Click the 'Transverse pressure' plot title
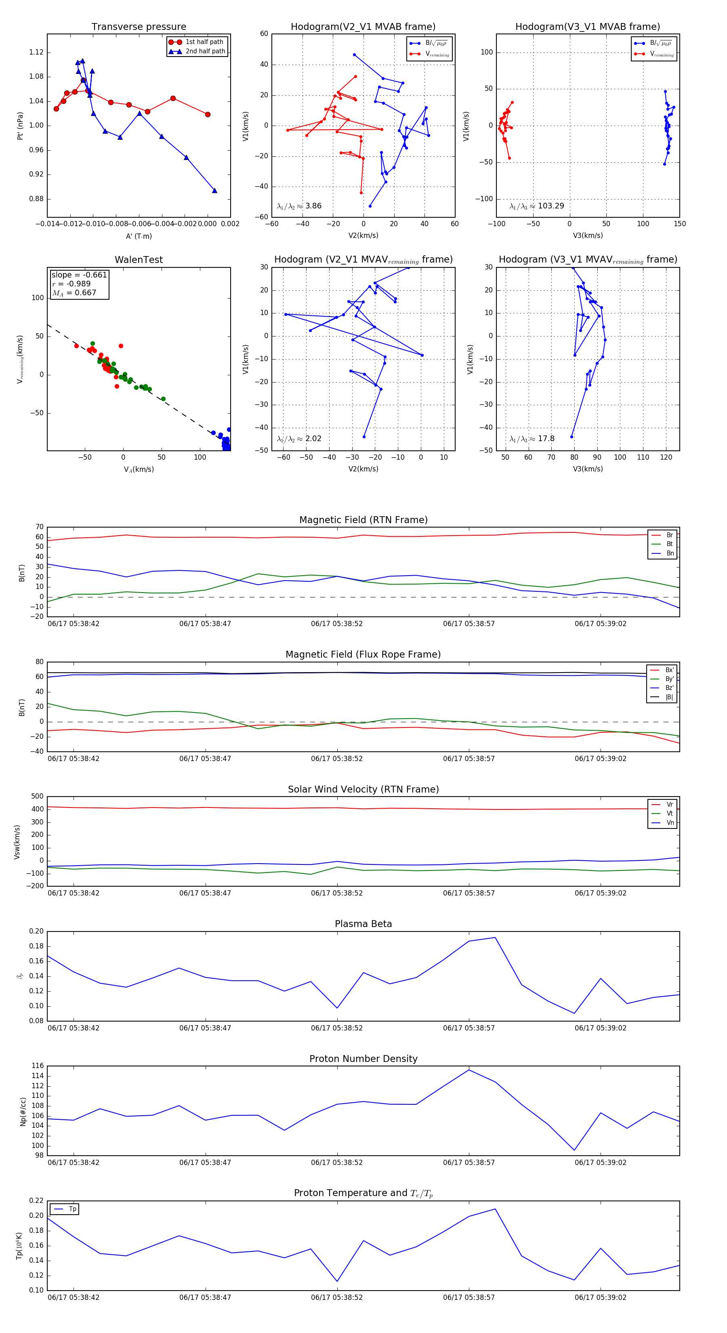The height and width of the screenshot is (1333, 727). tap(139, 27)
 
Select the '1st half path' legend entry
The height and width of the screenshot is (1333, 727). tap(204, 42)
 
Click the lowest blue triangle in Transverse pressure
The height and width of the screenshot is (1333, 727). tap(215, 190)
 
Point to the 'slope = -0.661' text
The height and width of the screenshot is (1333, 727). tap(79, 275)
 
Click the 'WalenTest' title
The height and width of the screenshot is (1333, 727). tap(139, 260)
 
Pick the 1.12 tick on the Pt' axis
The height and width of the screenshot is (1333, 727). tap(36, 52)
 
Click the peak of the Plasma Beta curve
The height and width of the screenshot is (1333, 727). tap(495, 938)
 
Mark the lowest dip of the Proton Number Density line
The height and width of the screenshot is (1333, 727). tap(574, 1150)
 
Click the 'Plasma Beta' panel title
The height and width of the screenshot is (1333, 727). tap(363, 924)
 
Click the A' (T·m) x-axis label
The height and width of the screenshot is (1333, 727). tap(139, 236)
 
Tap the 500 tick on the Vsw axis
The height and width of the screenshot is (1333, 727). tap(37, 797)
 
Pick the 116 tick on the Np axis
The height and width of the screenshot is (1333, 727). tap(37, 1066)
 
